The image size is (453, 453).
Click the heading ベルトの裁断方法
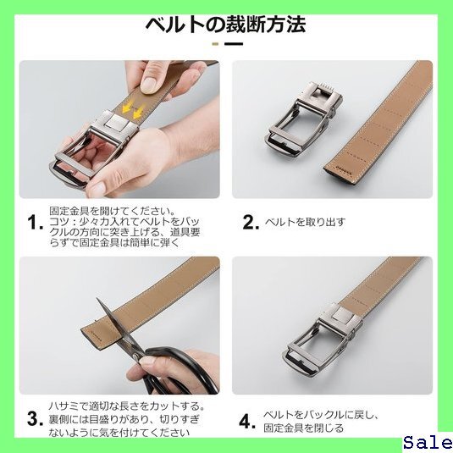tap(225, 25)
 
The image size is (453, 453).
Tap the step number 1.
tap(35, 223)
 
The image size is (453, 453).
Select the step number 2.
tap(251, 222)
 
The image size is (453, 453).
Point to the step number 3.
tap(35, 418)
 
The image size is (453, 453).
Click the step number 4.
tap(247, 422)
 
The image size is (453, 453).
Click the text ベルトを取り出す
tap(305, 223)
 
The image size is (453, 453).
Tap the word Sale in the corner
tap(428, 443)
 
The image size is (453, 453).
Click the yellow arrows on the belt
tap(132, 109)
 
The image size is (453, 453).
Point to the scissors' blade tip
tap(97, 298)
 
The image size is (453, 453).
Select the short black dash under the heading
tap(234, 44)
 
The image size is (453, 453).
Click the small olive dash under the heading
tap(215, 44)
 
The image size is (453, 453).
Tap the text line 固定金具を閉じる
tap(304, 428)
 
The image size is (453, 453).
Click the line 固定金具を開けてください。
tap(113, 211)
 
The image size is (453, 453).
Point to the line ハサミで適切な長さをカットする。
tap(126, 406)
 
